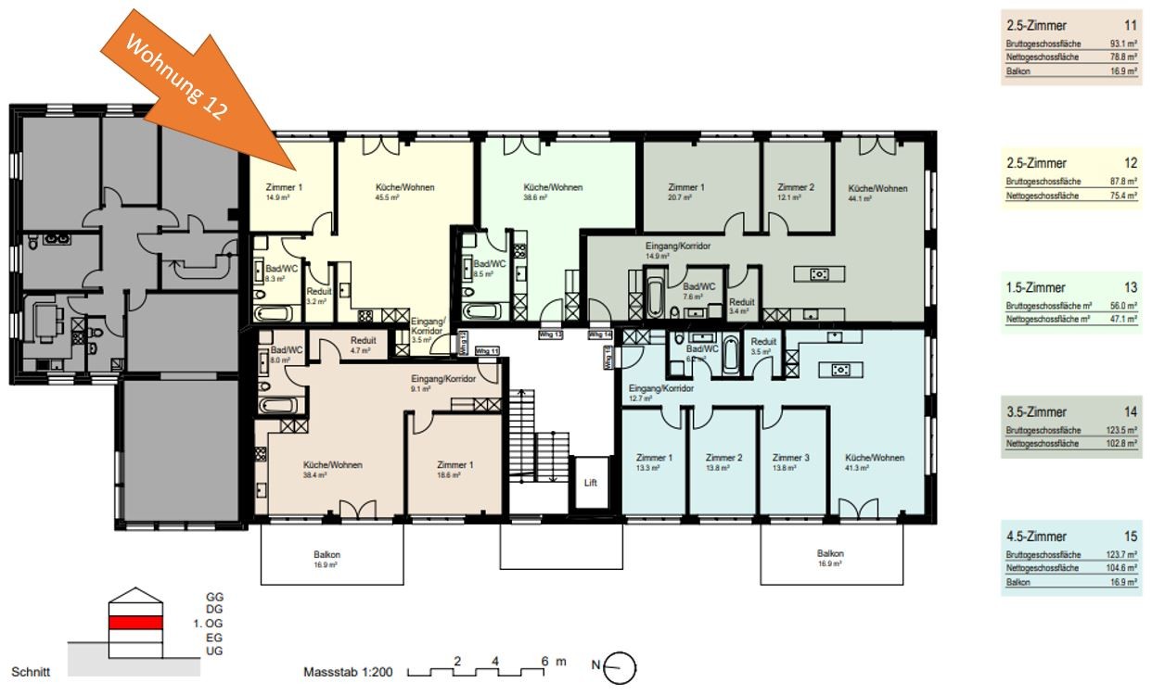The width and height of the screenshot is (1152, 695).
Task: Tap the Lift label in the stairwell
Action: (x=590, y=483)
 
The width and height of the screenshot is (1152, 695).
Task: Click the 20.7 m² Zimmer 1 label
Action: (x=687, y=187)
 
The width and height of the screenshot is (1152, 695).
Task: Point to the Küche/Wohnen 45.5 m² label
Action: (x=404, y=187)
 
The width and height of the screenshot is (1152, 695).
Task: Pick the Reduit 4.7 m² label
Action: (x=363, y=340)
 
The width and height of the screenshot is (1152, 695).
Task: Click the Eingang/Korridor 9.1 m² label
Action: (x=443, y=379)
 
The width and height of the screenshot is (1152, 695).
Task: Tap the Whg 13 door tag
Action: (x=552, y=334)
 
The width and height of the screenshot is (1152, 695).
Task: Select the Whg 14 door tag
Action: (x=600, y=334)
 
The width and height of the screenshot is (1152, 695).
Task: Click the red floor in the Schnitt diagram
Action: (x=135, y=622)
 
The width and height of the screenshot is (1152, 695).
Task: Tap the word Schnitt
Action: (x=30, y=671)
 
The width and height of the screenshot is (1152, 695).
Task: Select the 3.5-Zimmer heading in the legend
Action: (x=1036, y=411)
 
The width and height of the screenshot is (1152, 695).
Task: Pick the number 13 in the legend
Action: (x=1130, y=287)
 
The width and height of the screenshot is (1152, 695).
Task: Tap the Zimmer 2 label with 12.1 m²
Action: (x=795, y=187)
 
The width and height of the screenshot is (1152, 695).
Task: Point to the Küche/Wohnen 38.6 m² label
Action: (x=553, y=187)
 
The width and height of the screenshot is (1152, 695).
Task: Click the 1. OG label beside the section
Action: (x=209, y=624)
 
